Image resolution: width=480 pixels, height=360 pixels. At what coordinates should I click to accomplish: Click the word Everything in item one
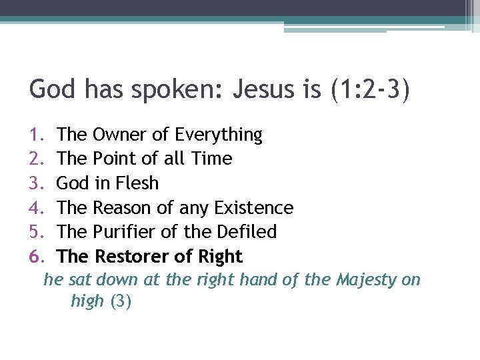(219, 135)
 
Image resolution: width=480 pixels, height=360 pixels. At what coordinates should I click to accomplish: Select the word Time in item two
(211, 159)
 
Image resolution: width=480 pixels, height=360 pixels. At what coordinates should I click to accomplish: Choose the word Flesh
(137, 183)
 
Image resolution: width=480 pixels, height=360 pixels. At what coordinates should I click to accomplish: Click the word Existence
(254, 208)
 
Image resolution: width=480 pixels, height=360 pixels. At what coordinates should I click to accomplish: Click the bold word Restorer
(130, 257)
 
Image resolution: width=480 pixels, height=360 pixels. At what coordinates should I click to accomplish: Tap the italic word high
(87, 301)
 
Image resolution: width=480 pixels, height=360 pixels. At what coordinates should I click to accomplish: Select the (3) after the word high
(121, 301)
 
